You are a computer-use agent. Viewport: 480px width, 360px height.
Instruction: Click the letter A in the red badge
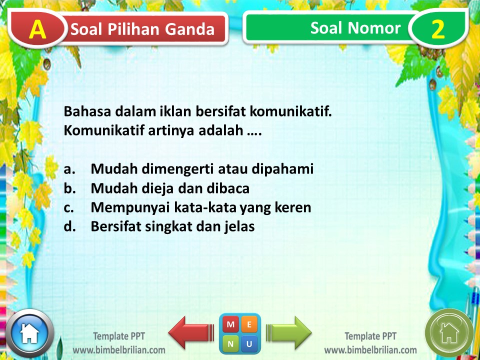pyautogui.click(x=37, y=30)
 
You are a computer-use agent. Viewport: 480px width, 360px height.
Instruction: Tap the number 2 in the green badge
pyautogui.click(x=437, y=30)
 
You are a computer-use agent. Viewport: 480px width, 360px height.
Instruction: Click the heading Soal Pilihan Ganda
pyautogui.click(x=142, y=29)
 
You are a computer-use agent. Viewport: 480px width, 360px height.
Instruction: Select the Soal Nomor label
pyautogui.click(x=355, y=28)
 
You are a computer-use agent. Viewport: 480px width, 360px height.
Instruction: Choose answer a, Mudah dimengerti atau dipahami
pyautogui.click(x=201, y=169)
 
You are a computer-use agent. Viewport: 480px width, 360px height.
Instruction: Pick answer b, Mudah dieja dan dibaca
pyautogui.click(x=169, y=188)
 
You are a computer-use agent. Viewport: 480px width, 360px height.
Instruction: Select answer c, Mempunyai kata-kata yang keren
pyautogui.click(x=200, y=207)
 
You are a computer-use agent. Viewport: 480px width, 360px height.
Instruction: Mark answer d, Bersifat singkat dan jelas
pyautogui.click(x=172, y=226)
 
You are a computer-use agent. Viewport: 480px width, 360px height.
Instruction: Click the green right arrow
pyautogui.click(x=289, y=332)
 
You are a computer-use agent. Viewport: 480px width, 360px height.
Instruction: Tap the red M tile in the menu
pyautogui.click(x=230, y=324)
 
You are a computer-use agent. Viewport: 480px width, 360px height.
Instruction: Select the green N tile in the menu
pyautogui.click(x=230, y=343)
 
